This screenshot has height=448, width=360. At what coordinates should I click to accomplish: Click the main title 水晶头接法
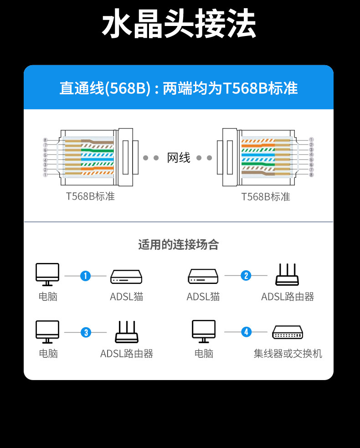coord(179,25)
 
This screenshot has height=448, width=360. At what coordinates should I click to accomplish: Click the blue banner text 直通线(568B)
coord(105,88)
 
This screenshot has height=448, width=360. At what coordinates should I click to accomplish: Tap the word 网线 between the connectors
coord(179,158)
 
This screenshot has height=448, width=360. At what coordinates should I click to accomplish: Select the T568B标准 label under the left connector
coord(90,196)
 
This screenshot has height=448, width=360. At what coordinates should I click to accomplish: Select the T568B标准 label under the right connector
coord(265,196)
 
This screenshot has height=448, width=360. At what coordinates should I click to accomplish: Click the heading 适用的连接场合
coord(179,245)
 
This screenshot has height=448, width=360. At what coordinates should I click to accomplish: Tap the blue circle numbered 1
coord(85,276)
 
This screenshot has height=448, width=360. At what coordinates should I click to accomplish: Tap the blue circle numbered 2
coord(246,276)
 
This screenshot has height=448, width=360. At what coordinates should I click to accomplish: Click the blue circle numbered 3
coord(86,332)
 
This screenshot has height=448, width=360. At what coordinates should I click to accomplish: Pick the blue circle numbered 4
coord(246,332)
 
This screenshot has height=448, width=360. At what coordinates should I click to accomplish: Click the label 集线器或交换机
coord(288,354)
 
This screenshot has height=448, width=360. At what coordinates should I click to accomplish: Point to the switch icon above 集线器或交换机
coord(288,333)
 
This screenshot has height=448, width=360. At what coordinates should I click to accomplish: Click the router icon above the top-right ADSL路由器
coord(287,275)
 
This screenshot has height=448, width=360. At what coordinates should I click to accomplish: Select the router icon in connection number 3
coord(126,332)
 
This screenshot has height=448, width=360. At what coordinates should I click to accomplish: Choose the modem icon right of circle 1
coord(126,277)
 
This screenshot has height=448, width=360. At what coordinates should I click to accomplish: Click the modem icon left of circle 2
coord(203,277)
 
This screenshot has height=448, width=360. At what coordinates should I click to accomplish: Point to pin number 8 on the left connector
coord(45,140)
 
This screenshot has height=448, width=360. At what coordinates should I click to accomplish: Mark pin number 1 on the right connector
coord(311,139)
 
